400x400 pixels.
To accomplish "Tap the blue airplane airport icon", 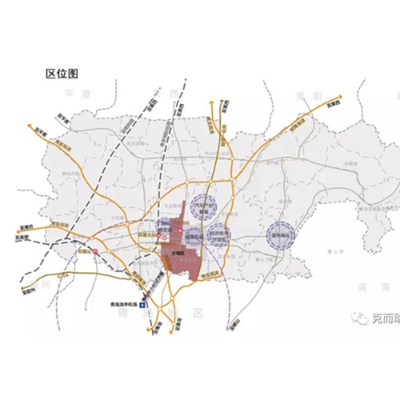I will click(x=143, y=305).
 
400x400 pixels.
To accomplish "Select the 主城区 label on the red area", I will click(x=178, y=252).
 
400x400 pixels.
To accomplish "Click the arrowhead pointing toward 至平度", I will click(x=30, y=124).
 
